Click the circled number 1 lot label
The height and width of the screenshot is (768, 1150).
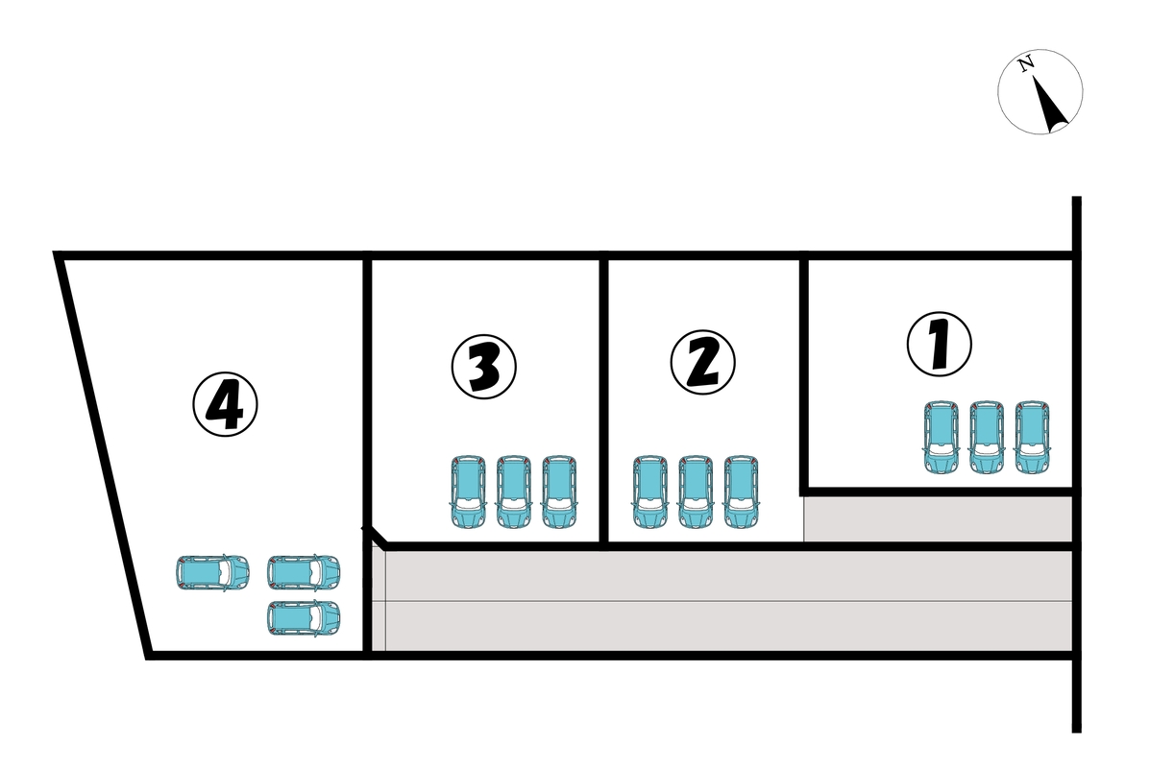tap(940, 345)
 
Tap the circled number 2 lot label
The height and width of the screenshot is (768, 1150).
tap(702, 362)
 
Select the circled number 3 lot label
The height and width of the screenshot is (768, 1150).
tap(483, 367)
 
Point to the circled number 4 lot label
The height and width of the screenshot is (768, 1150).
tap(225, 404)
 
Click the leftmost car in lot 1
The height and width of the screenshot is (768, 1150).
tap(941, 438)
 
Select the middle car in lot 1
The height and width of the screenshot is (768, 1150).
tap(987, 438)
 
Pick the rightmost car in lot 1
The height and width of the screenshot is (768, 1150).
tap(1032, 438)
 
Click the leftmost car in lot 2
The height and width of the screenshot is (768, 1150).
tap(649, 492)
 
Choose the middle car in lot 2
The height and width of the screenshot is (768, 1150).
tap(696, 492)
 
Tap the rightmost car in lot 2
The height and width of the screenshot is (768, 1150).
tap(741, 492)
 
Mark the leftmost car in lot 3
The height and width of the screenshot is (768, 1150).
tap(468, 492)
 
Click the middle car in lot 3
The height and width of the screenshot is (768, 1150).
tap(513, 492)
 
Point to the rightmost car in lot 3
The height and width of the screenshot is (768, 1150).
tap(559, 492)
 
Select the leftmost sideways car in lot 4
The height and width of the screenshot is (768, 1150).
tap(212, 572)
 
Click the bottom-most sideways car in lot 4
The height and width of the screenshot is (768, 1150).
tap(304, 618)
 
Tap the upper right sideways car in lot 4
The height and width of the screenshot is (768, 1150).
tap(304, 572)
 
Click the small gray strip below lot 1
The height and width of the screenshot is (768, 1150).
tap(938, 518)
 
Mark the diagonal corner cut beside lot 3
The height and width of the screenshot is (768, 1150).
tap(376, 537)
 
